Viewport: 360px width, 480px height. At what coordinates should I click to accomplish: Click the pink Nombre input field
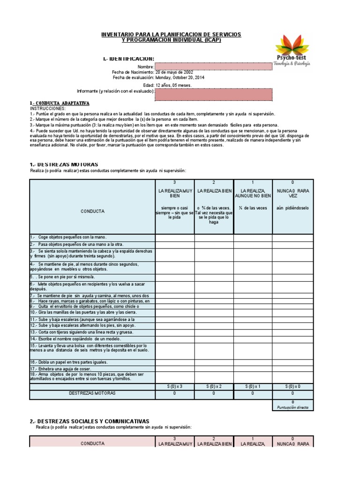point(213,67)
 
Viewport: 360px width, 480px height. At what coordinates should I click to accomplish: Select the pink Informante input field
point(213,94)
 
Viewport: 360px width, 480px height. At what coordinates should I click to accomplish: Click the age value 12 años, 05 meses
point(173,86)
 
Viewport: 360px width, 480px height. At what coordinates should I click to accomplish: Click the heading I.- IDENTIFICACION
point(128,59)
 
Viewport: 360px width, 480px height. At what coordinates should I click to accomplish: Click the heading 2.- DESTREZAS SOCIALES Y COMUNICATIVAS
point(89,421)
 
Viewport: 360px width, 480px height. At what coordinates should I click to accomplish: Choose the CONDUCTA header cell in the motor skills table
point(92,211)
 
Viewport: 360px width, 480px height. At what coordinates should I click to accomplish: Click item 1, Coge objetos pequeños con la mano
point(66,237)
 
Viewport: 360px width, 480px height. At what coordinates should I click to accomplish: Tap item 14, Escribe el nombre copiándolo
point(75,338)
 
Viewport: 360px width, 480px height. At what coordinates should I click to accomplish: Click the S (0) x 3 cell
point(174,386)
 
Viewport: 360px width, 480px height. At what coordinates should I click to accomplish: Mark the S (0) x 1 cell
point(253,386)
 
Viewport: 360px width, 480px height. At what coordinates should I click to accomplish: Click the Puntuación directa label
point(293,408)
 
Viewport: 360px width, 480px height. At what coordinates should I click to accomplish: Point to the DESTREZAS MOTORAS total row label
point(92,394)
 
